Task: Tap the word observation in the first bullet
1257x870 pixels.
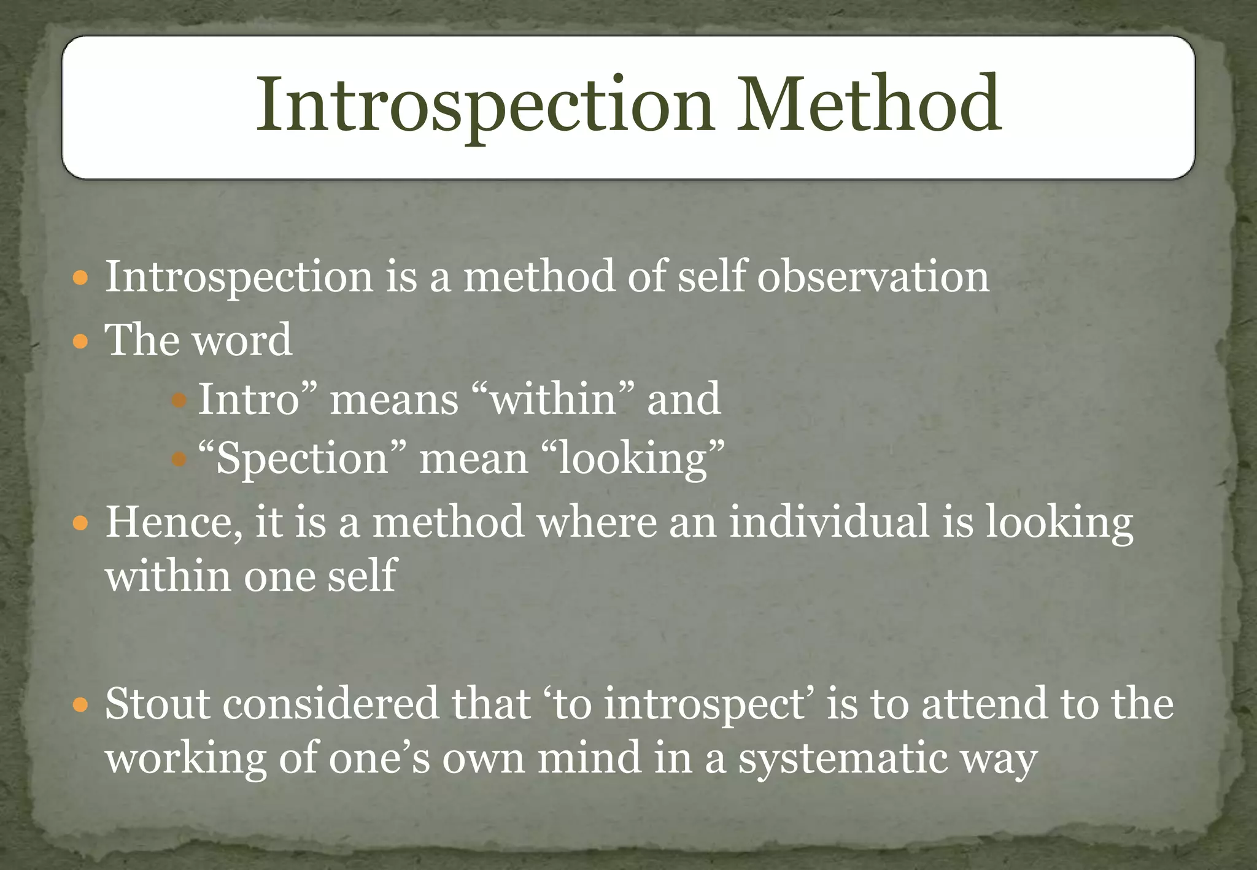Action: pyautogui.click(x=873, y=276)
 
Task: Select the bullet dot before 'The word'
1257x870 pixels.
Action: pyautogui.click(x=80, y=341)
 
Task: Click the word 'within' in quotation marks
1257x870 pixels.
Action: pyautogui.click(x=554, y=399)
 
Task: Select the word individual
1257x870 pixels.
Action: pyautogui.click(x=829, y=522)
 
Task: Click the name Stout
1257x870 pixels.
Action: pyautogui.click(x=158, y=703)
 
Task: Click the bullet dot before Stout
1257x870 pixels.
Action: pyautogui.click(x=80, y=706)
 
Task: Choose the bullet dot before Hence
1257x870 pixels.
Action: pyautogui.click(x=80, y=524)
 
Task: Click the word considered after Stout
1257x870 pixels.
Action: pyautogui.click(x=330, y=703)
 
